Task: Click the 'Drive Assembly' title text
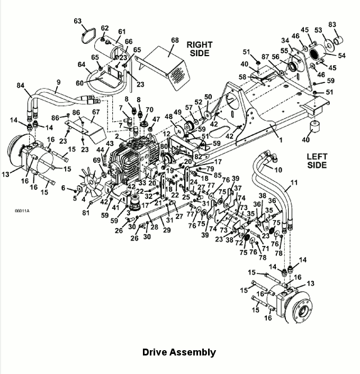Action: (179, 352)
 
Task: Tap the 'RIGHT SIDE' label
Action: (200, 49)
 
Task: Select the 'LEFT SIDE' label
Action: (317, 161)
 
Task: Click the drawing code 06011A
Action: (22, 211)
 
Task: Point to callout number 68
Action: (175, 40)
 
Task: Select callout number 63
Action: (78, 21)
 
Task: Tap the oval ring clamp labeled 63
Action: (88, 35)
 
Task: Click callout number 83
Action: (332, 24)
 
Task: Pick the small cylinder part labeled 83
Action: (338, 40)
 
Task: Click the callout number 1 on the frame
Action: (281, 140)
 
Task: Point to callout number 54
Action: (341, 56)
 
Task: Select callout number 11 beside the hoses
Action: (294, 183)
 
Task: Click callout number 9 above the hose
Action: (58, 83)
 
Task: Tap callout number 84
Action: (21, 85)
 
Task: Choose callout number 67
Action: (96, 112)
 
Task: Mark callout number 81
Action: (86, 212)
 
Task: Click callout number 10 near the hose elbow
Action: (278, 170)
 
